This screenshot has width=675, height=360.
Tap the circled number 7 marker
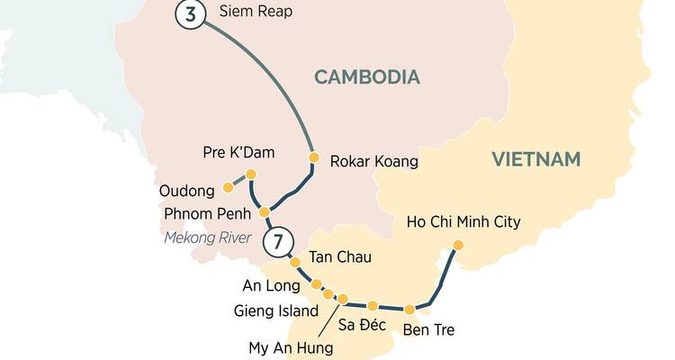pos(279,241)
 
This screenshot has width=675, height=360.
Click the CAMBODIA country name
pos(366,77)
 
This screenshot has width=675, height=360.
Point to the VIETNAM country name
pos(536,159)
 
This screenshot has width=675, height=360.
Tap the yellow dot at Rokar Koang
pos(313,157)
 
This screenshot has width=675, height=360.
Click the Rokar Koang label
pos(374,162)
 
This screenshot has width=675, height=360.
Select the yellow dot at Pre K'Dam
pos(251,174)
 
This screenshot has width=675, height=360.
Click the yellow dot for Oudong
pos(228,187)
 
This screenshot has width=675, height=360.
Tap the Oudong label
pos(188,191)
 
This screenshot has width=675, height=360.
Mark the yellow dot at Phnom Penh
pos(265,212)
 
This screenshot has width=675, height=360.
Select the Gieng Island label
pos(274,311)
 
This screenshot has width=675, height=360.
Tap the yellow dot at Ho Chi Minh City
pos(458,245)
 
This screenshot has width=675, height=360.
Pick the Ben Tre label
pos(428,330)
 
